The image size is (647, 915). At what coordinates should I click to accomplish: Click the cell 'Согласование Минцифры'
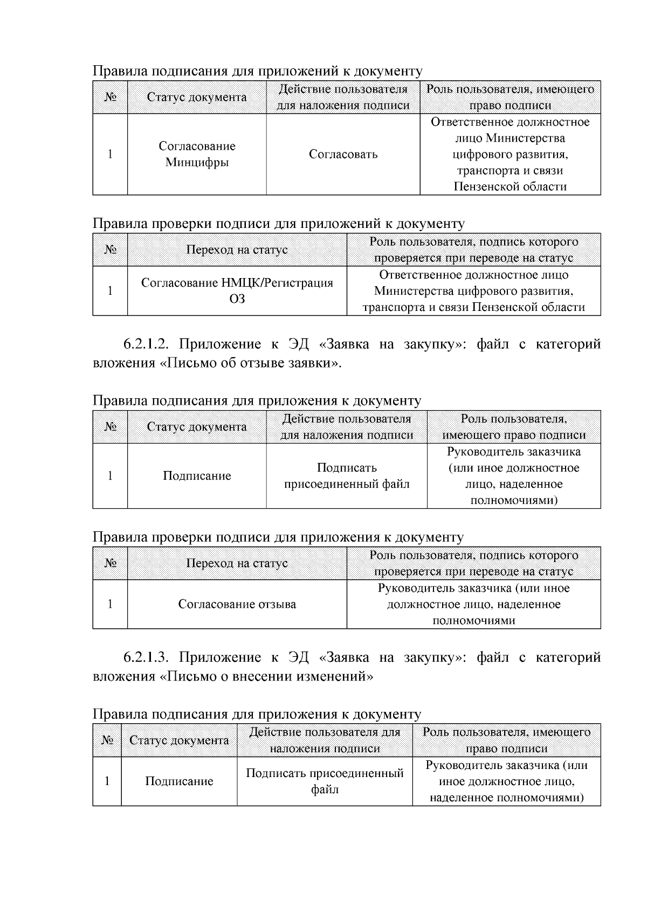point(197,154)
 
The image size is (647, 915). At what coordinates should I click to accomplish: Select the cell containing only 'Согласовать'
point(343,154)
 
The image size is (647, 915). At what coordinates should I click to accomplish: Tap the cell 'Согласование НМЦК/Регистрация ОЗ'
point(237,290)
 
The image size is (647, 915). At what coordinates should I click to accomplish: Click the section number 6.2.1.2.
point(147,344)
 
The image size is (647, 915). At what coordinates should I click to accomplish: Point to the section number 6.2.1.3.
point(147,657)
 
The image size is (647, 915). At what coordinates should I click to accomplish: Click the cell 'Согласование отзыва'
point(237,604)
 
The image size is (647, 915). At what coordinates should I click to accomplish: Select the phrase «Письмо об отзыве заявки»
point(250,363)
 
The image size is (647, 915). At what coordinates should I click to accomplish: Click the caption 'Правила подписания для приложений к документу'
point(257,71)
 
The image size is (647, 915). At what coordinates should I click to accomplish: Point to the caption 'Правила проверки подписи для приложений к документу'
point(278,223)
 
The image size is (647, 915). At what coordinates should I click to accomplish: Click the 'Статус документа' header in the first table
point(197,97)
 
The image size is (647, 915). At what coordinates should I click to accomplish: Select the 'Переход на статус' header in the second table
point(237,249)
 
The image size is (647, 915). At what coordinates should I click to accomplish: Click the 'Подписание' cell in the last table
point(179,781)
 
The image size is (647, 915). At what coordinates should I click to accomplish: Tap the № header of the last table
point(107,740)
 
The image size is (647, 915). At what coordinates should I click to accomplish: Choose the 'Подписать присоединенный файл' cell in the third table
point(347,476)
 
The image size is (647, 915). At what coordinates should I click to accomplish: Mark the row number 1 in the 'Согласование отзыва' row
point(110,604)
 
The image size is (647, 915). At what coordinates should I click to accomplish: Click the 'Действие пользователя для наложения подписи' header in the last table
point(325,740)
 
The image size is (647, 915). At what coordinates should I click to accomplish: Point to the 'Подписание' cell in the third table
point(197,476)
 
